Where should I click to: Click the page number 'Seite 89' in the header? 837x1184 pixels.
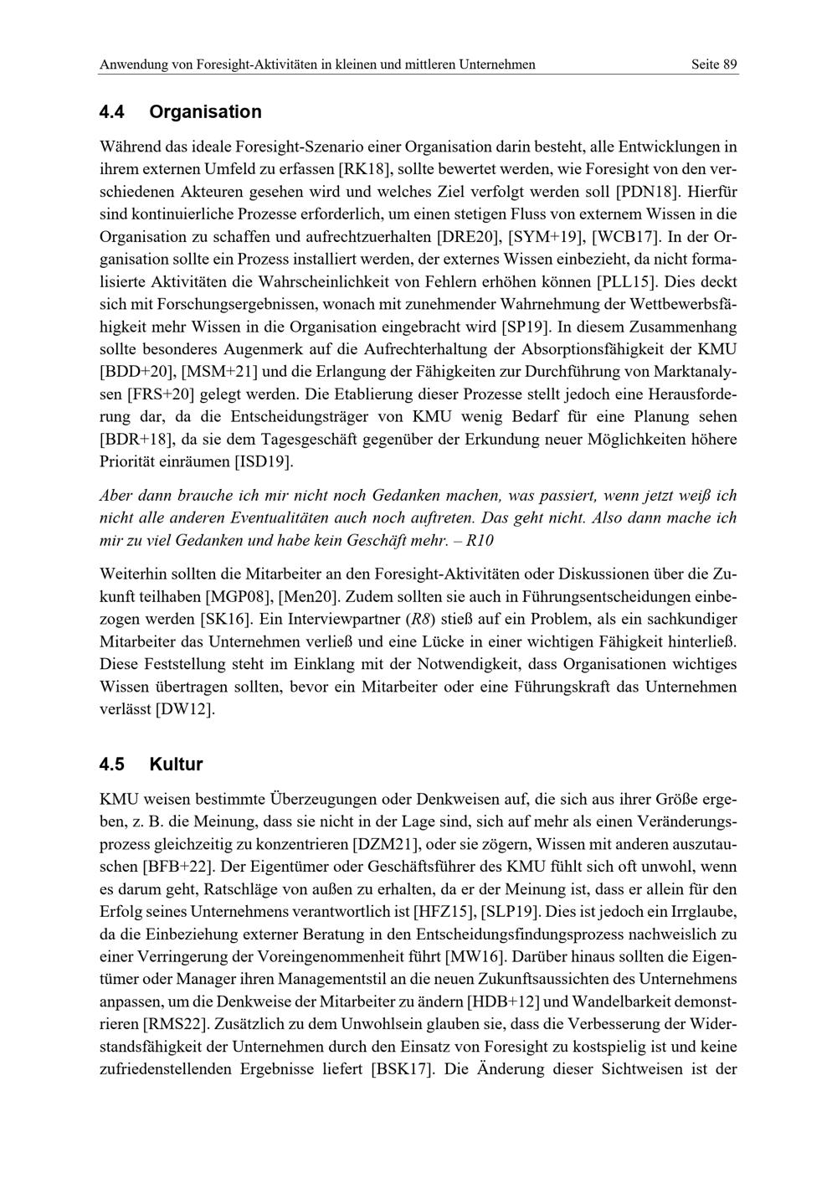[x=714, y=64]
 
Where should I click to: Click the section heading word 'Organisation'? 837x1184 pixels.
[x=205, y=112]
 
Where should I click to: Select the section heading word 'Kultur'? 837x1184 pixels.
[x=176, y=764]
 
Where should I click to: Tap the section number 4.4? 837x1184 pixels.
[x=112, y=112]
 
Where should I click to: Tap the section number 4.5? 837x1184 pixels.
[x=112, y=764]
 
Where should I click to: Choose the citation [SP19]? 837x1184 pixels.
[x=526, y=327]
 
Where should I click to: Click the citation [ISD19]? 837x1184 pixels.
[x=262, y=461]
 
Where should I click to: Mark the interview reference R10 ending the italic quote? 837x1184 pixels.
[x=480, y=541]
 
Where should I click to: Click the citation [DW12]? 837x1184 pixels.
[x=185, y=709]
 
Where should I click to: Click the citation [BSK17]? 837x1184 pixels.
[x=402, y=1068]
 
